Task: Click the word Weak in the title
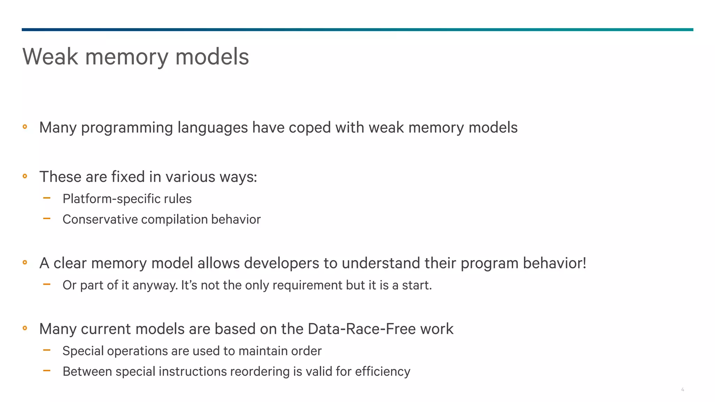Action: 50,57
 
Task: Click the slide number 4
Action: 682,389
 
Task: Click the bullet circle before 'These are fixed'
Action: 25,176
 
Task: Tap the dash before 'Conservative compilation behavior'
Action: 47,219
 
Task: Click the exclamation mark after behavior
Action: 584,263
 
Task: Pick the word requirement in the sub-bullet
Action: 307,285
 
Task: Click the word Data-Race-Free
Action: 362,329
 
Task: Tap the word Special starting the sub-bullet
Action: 83,351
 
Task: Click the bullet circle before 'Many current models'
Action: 25,328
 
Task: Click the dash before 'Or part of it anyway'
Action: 47,284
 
